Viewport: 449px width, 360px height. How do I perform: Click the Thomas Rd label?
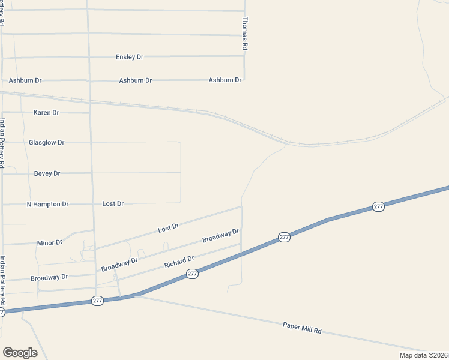[245, 33]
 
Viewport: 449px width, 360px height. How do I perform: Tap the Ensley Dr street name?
[130, 57]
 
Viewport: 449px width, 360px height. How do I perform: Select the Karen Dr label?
[46, 112]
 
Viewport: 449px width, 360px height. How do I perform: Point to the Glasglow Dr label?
[46, 142]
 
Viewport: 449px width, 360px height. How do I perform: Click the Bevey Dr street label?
[47, 173]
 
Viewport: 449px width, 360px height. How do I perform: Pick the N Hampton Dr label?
[48, 204]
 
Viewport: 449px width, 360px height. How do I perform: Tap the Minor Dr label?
[50, 243]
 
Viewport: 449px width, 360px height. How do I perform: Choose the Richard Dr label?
[179, 262]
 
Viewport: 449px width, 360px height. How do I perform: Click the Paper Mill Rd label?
[303, 328]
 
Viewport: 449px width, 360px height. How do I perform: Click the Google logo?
[20, 353]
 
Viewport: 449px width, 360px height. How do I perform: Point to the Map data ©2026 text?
[424, 355]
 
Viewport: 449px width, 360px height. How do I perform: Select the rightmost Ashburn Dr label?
[225, 80]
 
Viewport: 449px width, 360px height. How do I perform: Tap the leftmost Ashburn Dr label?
[25, 80]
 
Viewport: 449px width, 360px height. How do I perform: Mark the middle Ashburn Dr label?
[136, 80]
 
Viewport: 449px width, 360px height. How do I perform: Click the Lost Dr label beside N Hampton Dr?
[113, 204]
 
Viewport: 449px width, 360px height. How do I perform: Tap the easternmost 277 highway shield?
[378, 206]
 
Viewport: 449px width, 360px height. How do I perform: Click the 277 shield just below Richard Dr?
[192, 274]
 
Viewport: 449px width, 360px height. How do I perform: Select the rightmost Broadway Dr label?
[220, 235]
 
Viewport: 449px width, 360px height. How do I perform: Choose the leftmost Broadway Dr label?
[49, 277]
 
